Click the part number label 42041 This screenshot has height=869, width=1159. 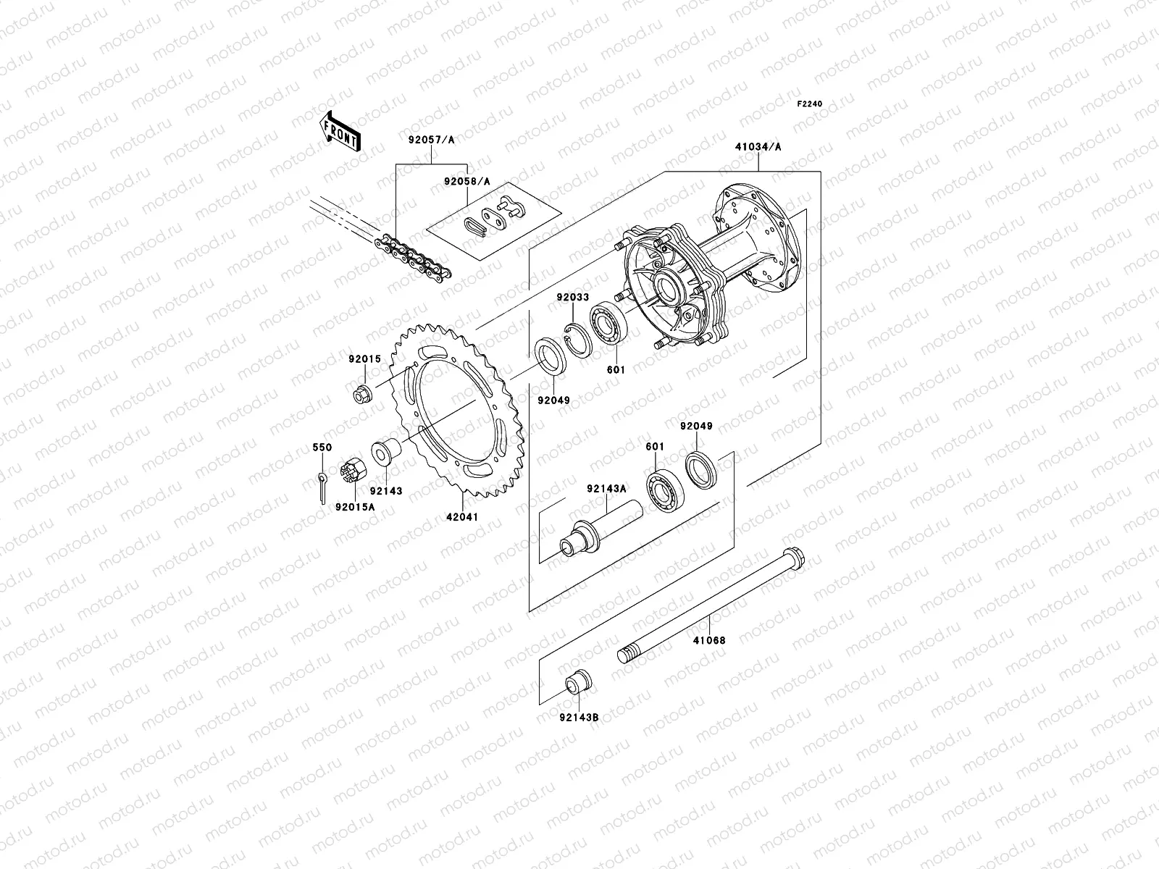coord(461,518)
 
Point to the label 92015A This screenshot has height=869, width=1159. coord(355,507)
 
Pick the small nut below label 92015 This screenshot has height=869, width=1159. coord(364,395)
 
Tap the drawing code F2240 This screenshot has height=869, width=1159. coord(810,104)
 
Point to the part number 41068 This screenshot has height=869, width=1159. coord(708,641)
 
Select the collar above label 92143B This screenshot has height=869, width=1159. coord(578,682)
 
